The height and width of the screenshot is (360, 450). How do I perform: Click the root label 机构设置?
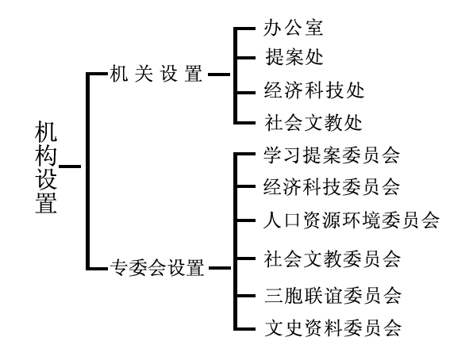point(46,167)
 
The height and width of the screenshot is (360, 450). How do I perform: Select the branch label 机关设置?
point(156,74)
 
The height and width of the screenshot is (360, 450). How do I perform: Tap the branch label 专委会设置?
point(157,268)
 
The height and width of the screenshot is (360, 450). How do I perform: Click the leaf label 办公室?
point(293,28)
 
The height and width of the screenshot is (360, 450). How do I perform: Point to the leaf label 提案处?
point(294,57)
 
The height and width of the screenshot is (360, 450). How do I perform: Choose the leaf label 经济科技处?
point(314,90)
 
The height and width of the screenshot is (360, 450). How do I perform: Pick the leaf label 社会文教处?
point(313,122)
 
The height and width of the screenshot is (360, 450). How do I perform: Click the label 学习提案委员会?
point(332,155)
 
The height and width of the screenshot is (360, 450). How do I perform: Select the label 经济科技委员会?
point(332,186)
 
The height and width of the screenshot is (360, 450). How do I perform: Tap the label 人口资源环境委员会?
point(352,220)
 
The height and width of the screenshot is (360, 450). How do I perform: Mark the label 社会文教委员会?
point(332,259)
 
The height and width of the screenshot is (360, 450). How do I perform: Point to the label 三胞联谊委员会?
point(333,296)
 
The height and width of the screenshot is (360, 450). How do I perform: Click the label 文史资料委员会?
point(333,328)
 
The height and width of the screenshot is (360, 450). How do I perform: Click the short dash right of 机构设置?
point(70,167)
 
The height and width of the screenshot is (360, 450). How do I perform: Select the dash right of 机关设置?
point(219,75)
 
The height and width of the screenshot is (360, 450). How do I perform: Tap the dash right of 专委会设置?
point(220,268)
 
